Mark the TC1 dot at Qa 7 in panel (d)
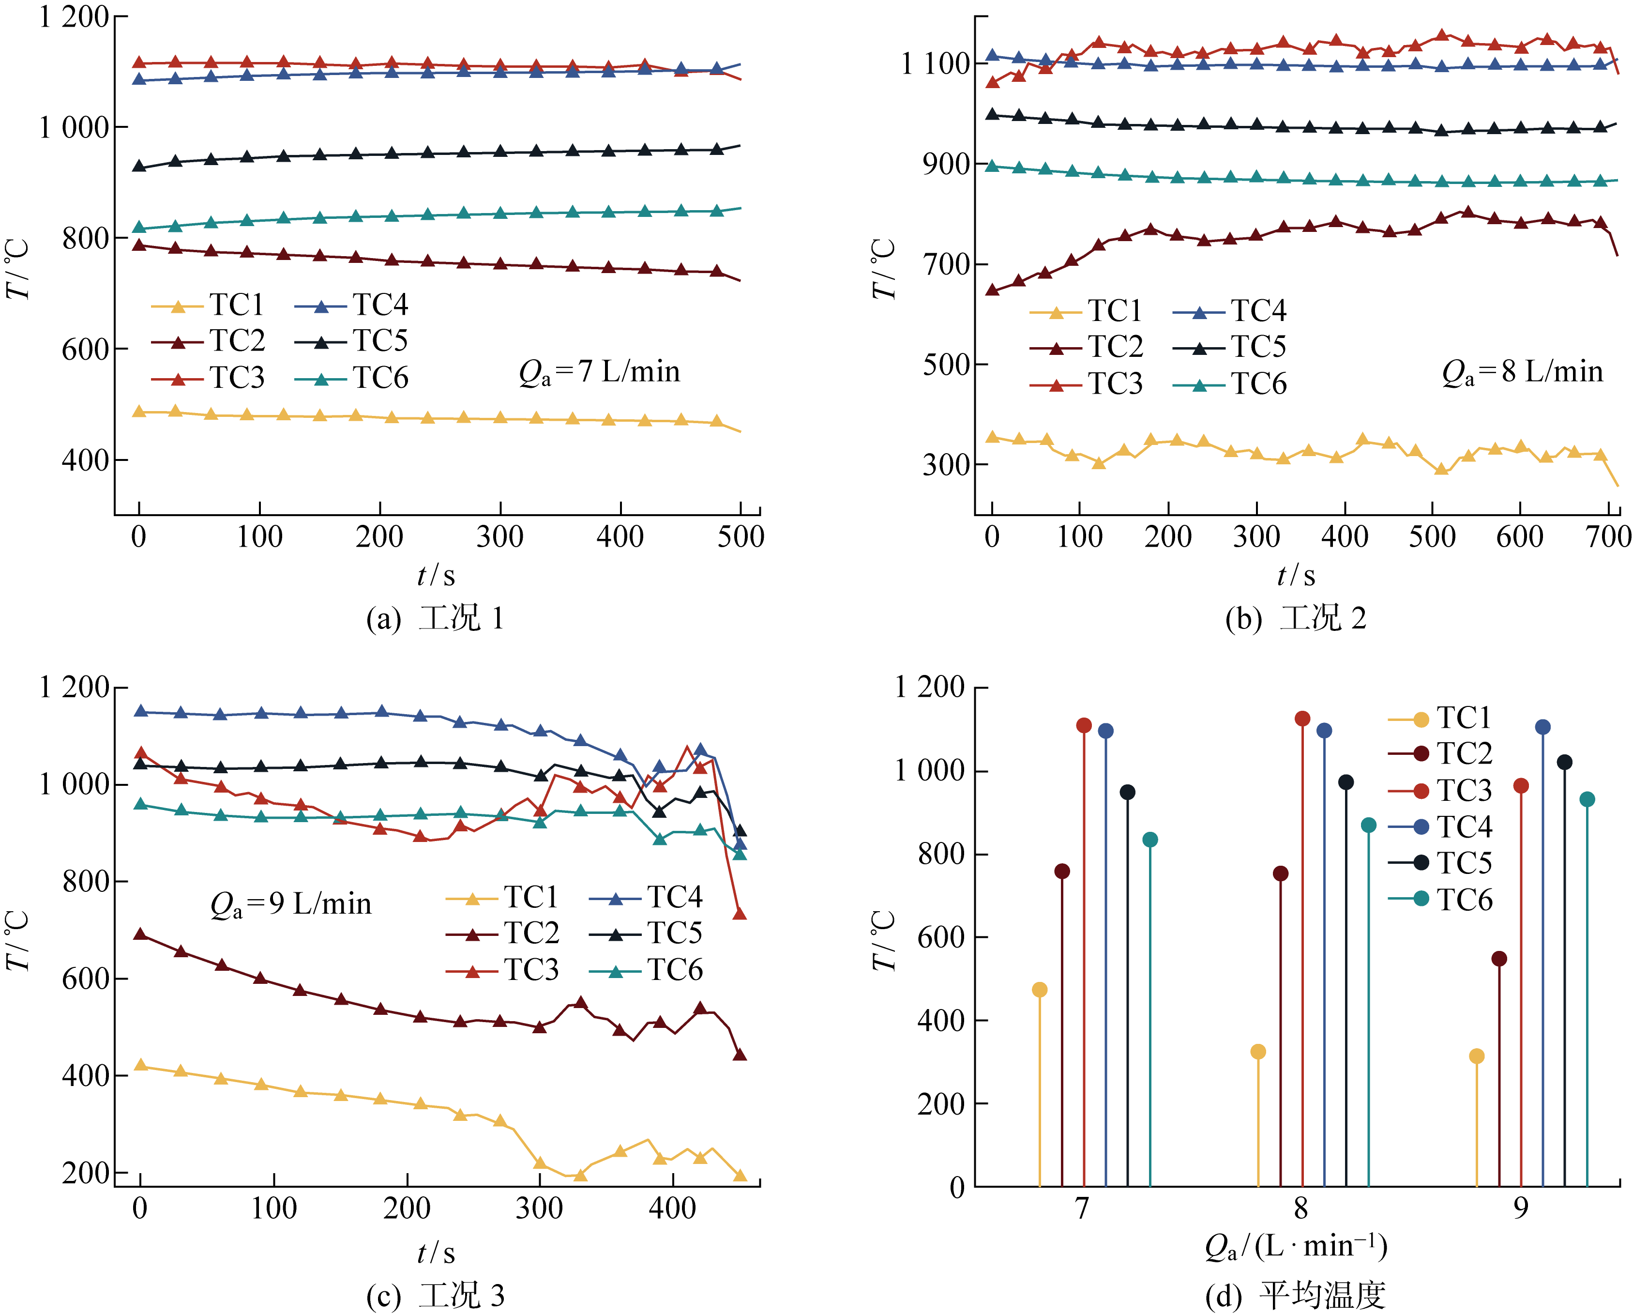[1040, 990]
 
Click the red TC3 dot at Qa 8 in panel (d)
[1302, 719]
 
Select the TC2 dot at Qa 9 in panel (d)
[1499, 959]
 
